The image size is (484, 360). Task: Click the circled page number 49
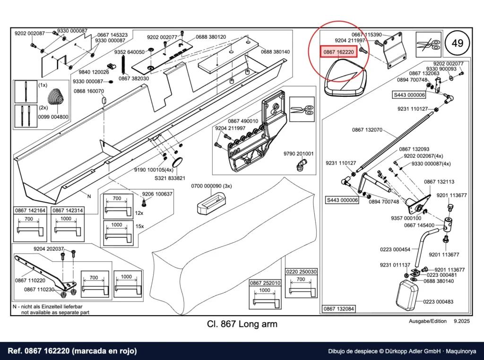pos(457,43)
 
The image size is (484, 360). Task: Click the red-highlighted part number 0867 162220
pos(338,52)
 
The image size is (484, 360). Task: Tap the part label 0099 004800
pos(53,117)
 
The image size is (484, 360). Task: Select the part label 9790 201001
pos(299,154)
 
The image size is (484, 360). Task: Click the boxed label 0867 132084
pos(338,309)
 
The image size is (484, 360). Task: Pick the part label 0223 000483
pos(438,302)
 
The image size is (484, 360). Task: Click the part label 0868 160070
pos(89,91)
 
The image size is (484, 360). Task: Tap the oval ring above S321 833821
pos(177,162)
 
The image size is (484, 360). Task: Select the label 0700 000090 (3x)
pos(211,186)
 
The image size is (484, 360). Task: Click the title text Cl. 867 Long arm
pos(242,324)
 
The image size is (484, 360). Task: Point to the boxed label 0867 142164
pos(30,210)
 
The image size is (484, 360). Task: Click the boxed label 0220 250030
pos(301,272)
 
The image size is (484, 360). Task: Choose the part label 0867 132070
pos(367,130)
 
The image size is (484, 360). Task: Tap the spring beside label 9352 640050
pos(124,65)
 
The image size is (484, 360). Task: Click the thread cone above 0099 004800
pos(56,96)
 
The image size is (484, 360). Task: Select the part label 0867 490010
pos(243,121)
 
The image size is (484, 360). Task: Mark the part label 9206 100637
pos(157,194)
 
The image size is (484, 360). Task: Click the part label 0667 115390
pos(367,35)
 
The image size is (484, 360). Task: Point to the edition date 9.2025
pos(462,321)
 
